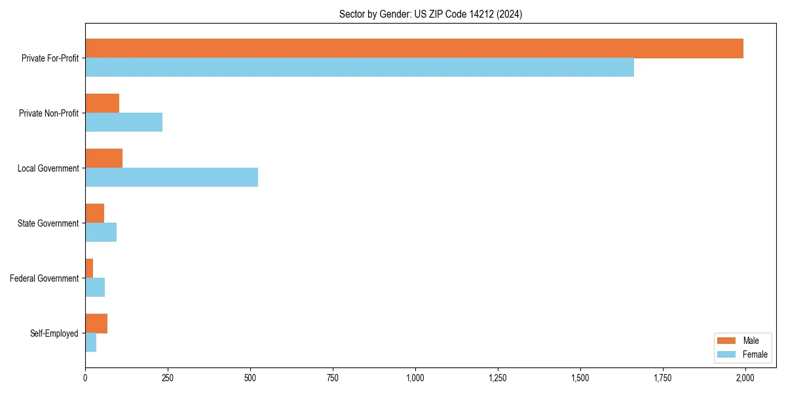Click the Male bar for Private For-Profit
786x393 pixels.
coord(414,48)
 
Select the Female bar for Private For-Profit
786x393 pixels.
coord(360,67)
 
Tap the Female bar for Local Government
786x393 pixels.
coord(172,178)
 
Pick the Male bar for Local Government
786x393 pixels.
coord(103,159)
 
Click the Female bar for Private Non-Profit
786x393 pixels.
coord(124,122)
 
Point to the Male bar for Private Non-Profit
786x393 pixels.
coord(102,103)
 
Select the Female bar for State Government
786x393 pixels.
coord(101,233)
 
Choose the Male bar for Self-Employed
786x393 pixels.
coord(96,324)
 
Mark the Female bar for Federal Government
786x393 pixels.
coord(95,288)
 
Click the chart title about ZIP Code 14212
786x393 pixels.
coord(430,14)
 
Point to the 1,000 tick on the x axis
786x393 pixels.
coord(415,378)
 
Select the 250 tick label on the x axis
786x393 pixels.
coord(168,378)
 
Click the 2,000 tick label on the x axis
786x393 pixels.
coord(745,378)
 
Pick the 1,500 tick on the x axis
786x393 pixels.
coord(580,378)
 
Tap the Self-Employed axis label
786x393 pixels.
coord(54,333)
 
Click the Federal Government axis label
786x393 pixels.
coord(44,278)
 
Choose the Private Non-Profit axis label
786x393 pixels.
coord(48,113)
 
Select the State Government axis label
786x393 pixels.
coord(48,223)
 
